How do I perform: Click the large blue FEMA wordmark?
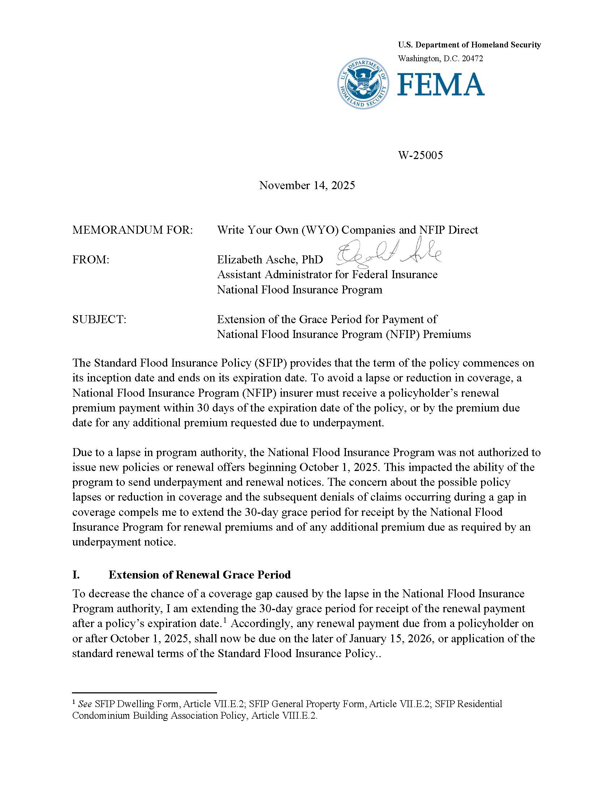point(441,84)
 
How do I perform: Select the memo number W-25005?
point(421,155)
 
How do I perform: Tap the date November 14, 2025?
point(307,185)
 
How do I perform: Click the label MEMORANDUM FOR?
point(133,230)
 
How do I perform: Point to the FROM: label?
point(91,260)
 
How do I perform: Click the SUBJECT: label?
point(99,320)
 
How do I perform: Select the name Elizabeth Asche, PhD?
point(270,260)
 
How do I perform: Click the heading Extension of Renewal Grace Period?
point(199,575)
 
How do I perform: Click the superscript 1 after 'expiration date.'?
point(225,621)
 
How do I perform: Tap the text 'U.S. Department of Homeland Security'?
point(469,45)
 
